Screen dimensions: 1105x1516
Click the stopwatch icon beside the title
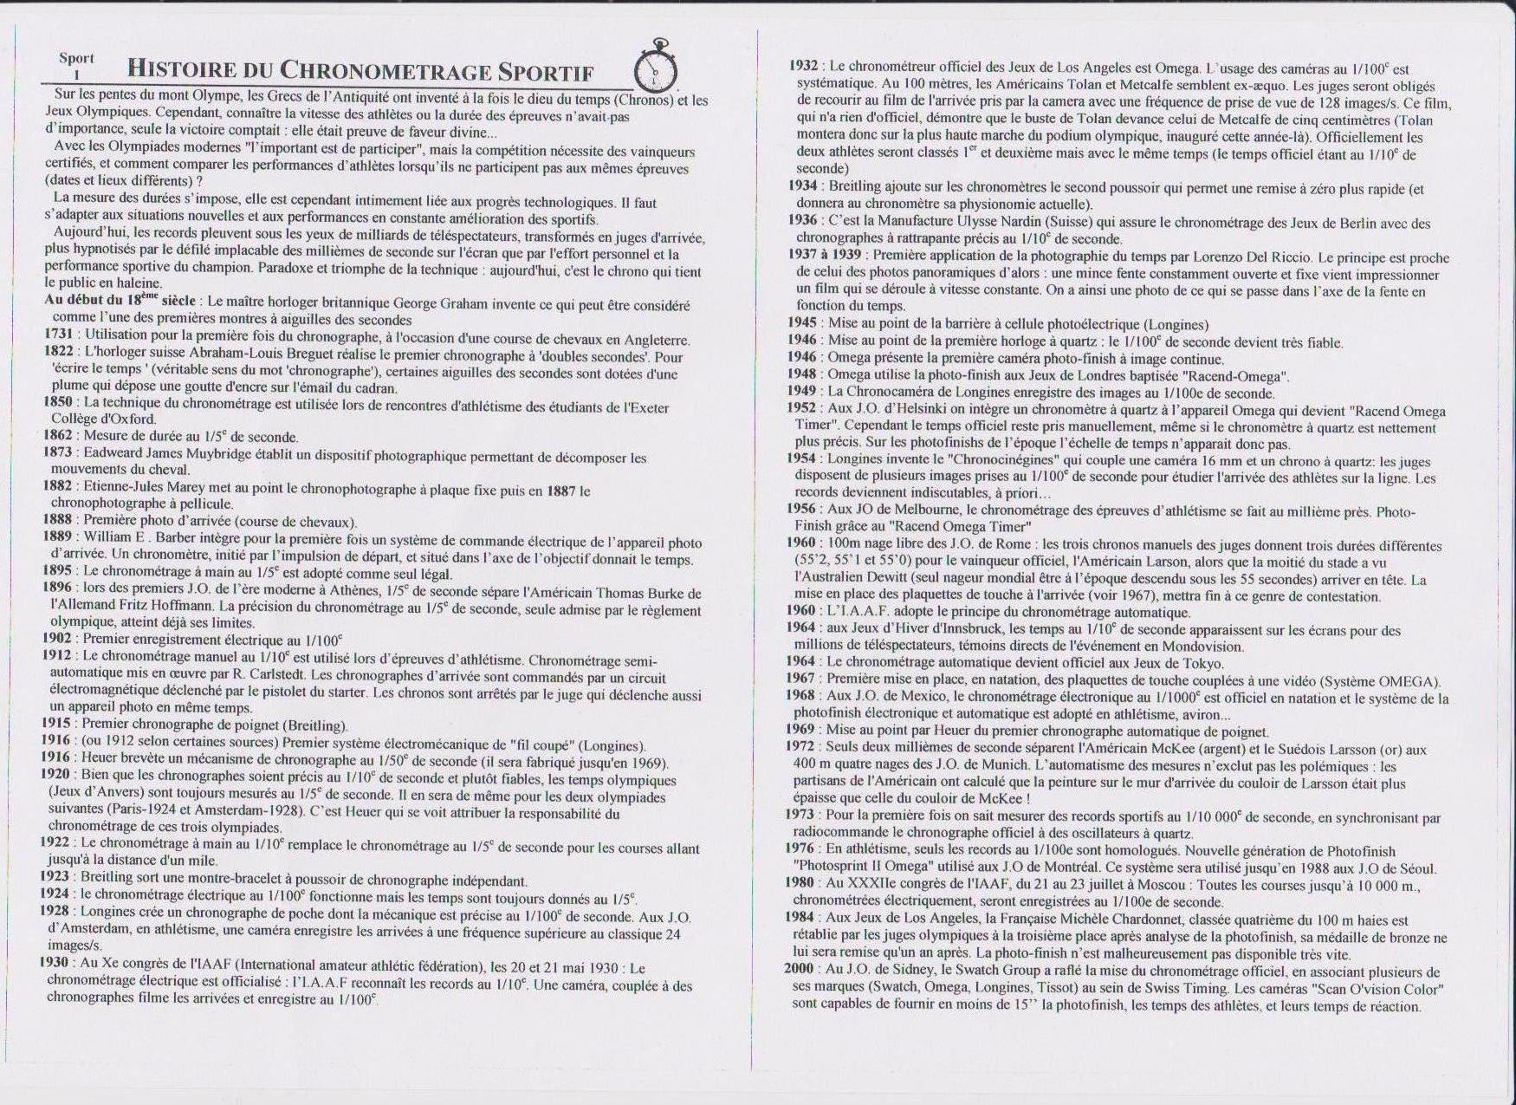coord(656,68)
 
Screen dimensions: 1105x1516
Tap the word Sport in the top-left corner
coord(76,58)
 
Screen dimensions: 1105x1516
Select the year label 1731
coord(59,340)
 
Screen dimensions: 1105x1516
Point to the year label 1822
coord(58,356)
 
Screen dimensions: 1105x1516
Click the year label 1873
coord(57,452)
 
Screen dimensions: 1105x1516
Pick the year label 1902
coord(56,639)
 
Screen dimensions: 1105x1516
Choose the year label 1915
coord(56,725)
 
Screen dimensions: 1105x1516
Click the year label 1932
coord(803,66)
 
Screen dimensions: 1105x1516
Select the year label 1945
coord(802,323)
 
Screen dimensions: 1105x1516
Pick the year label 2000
coord(799,968)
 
